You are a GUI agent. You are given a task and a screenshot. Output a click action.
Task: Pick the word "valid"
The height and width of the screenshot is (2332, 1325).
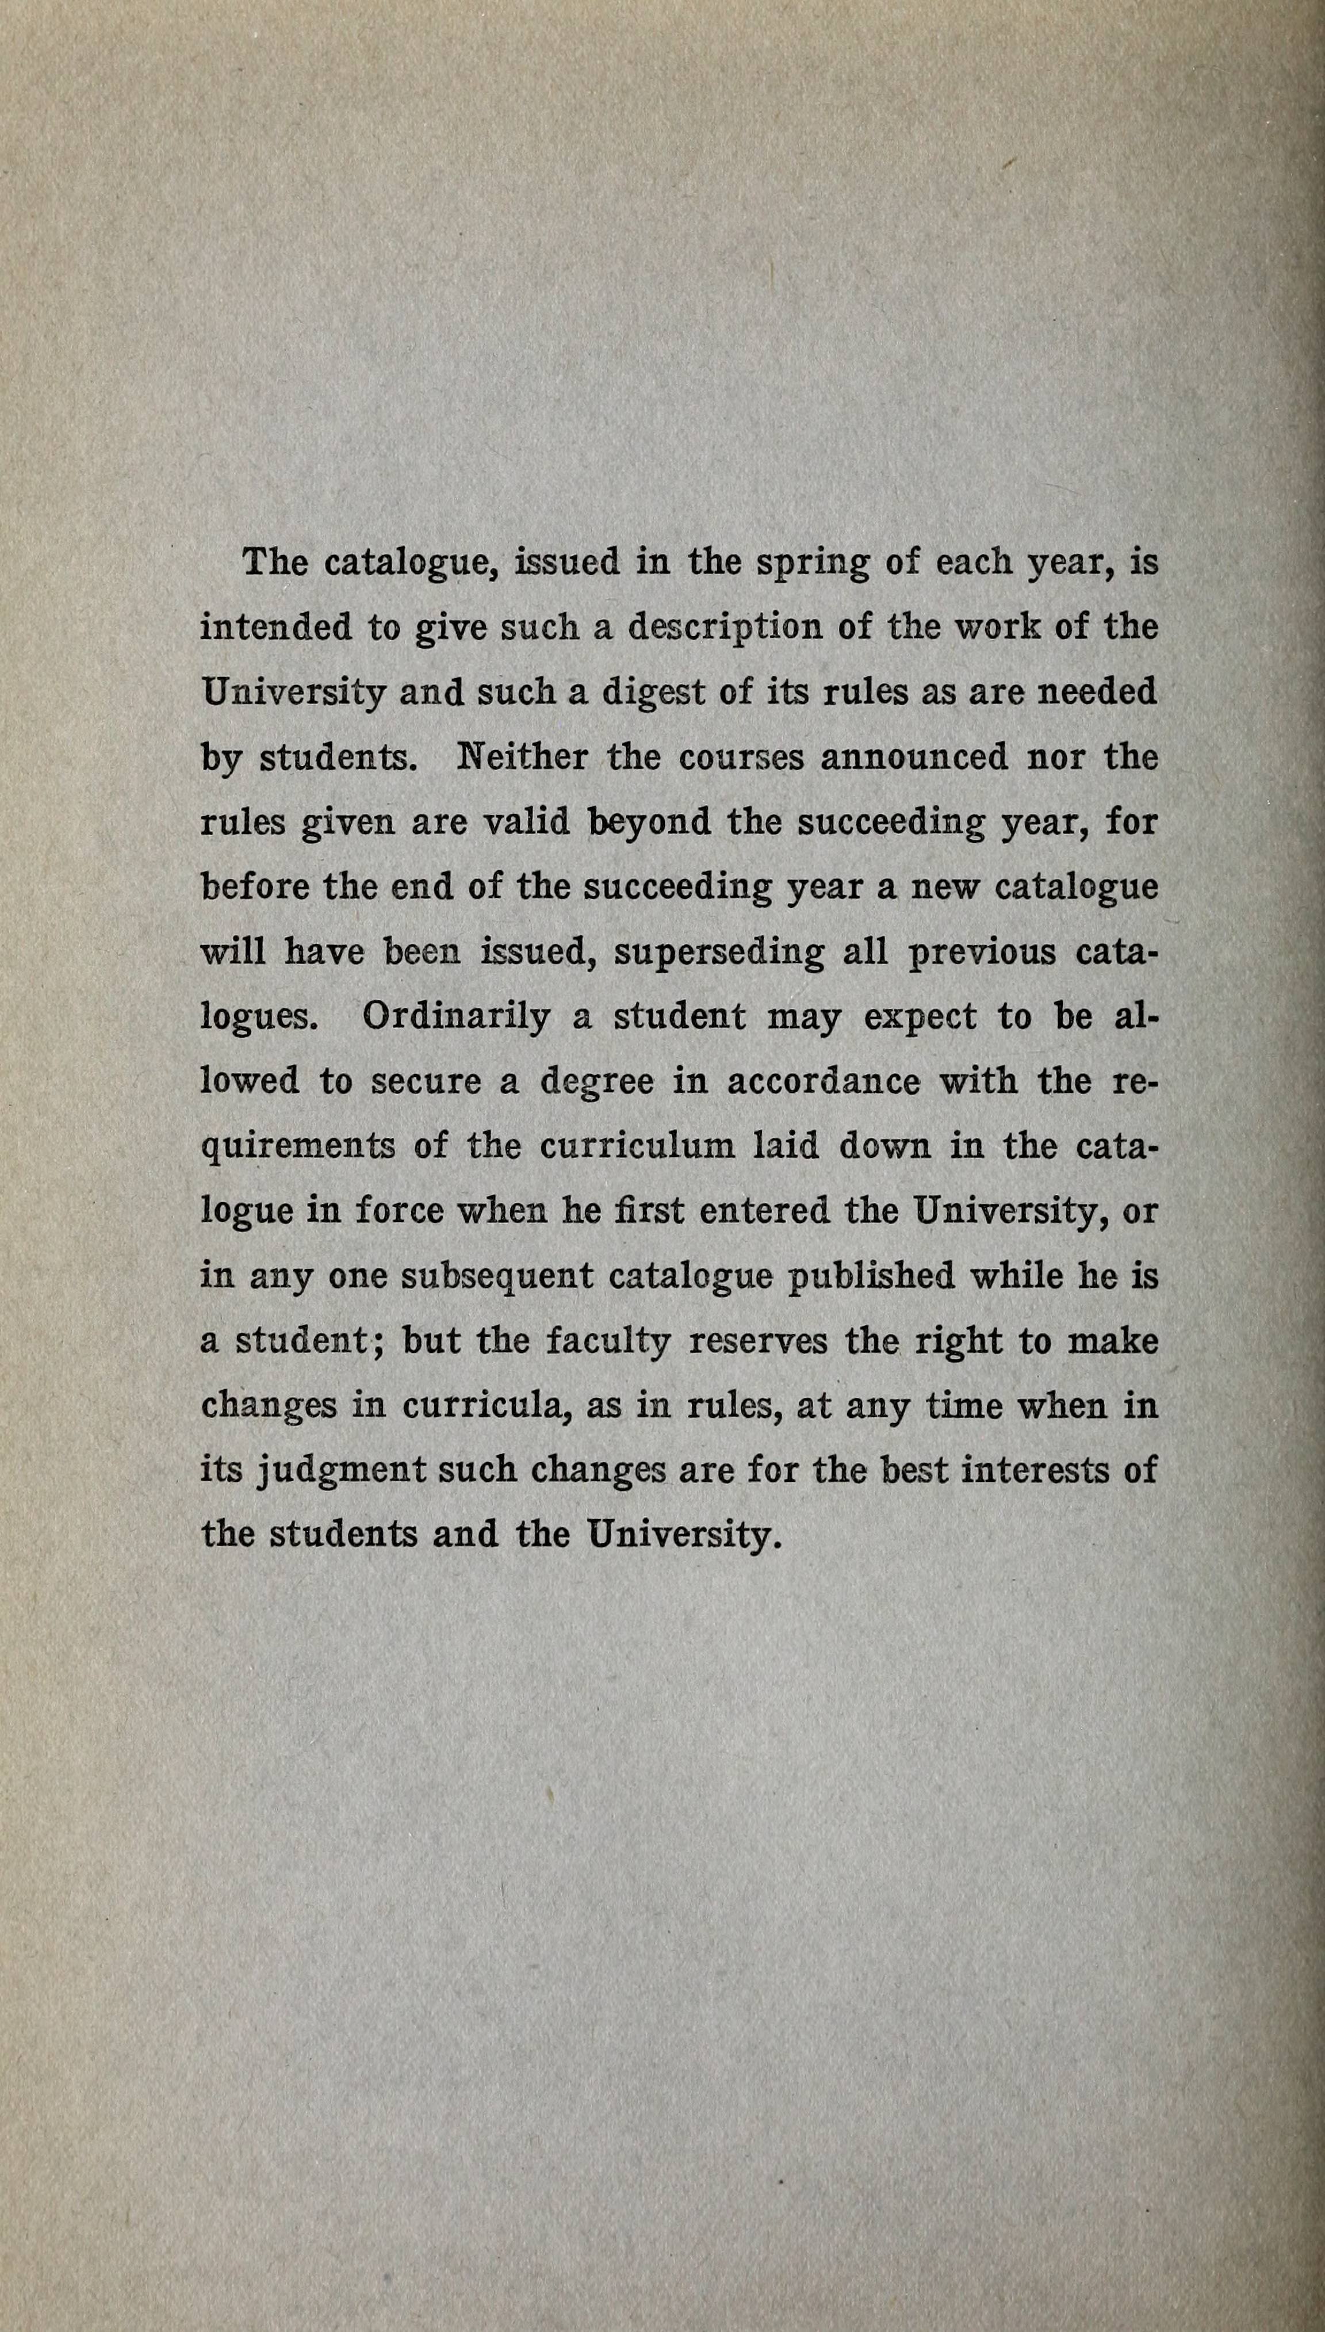(x=525, y=822)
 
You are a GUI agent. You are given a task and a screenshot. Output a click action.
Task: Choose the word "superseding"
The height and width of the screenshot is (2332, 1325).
(x=719, y=953)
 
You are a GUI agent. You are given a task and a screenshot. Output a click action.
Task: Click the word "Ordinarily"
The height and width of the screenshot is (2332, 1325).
(x=455, y=1016)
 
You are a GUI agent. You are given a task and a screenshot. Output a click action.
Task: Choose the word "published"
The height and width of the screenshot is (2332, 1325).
(x=871, y=1276)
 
